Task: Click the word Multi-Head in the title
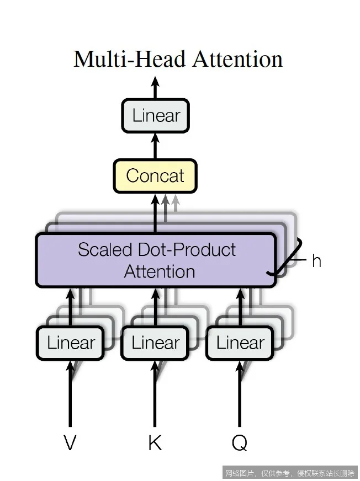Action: coord(128,59)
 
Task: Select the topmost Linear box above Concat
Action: coord(156,116)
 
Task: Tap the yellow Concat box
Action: coord(155,176)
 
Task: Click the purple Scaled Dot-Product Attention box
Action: coord(156,260)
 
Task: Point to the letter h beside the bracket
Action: coord(316,261)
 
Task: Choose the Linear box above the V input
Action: coord(71,343)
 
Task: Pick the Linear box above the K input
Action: coord(156,343)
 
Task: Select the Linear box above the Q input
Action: coord(240,343)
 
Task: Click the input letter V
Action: coord(70,443)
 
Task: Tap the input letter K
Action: coord(155,443)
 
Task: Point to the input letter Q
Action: coord(240,443)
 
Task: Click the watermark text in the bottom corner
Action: coord(289,473)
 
